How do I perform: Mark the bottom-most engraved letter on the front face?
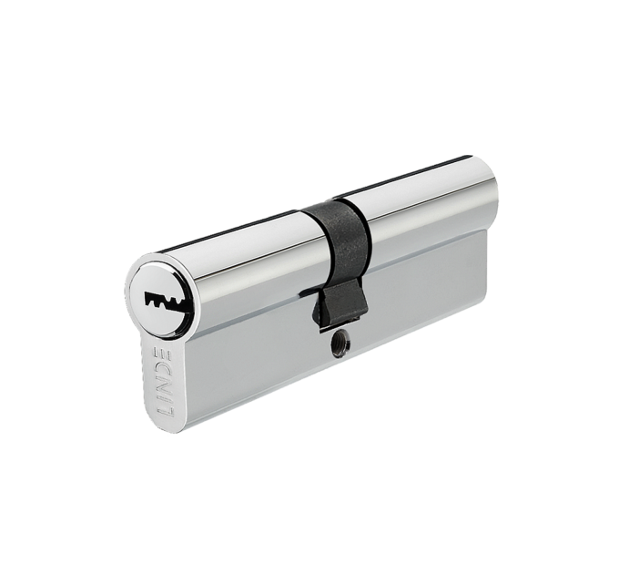[164, 415]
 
